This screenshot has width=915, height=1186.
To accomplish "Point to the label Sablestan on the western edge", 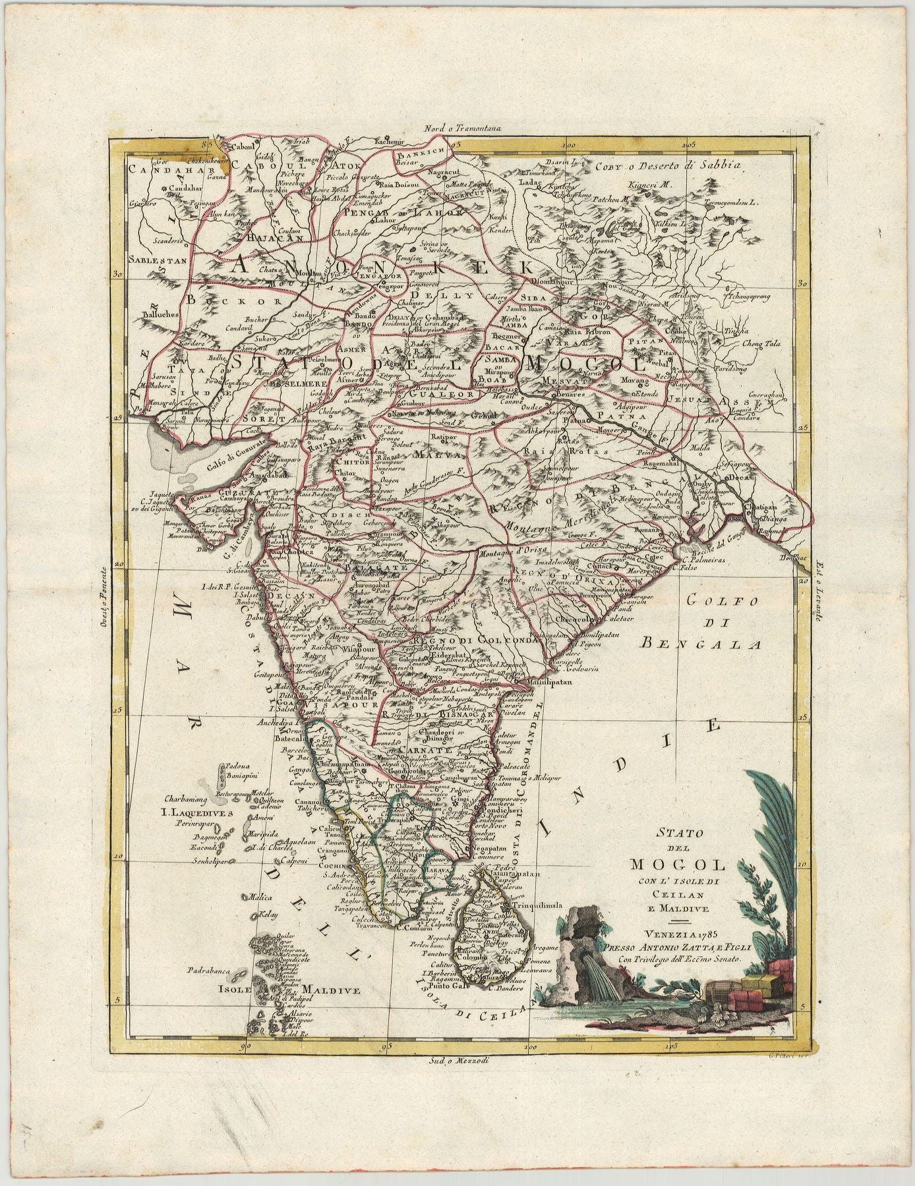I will tap(158, 260).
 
